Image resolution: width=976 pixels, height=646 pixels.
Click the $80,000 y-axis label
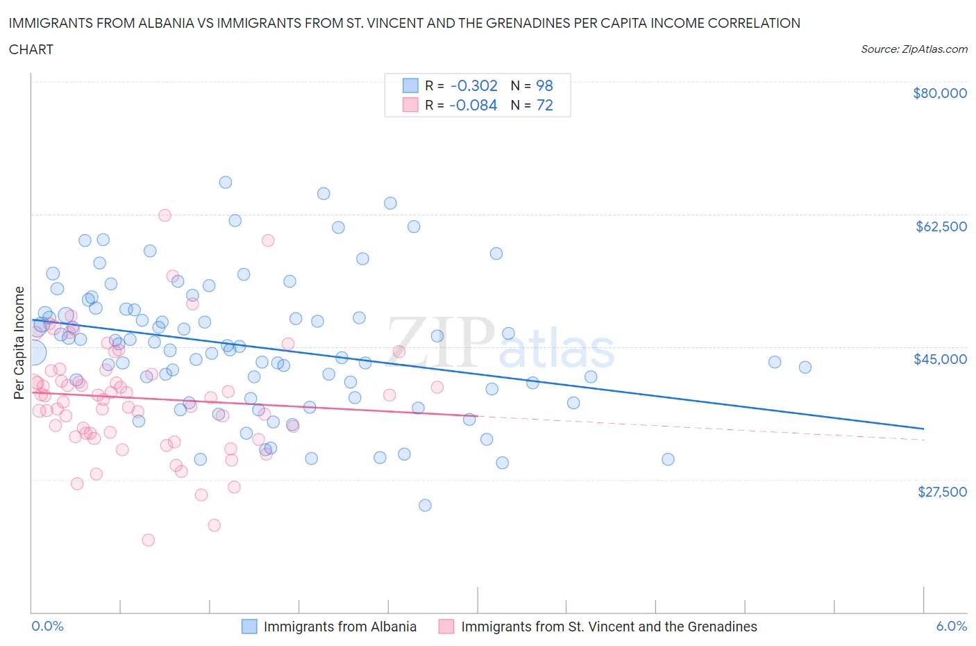(x=939, y=93)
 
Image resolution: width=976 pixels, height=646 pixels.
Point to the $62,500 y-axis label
(x=941, y=226)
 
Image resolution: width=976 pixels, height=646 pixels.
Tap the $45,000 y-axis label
(x=940, y=359)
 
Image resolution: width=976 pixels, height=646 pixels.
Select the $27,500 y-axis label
(x=942, y=492)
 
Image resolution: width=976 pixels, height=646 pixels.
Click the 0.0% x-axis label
(x=47, y=626)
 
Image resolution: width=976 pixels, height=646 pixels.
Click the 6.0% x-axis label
(x=951, y=626)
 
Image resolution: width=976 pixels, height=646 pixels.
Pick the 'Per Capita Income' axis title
(x=19, y=342)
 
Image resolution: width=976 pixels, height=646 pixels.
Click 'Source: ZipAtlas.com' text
(x=914, y=49)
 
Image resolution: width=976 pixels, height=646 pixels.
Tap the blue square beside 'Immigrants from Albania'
(x=249, y=627)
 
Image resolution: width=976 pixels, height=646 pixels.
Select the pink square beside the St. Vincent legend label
(x=446, y=627)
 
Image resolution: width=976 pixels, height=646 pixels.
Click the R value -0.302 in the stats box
(x=474, y=85)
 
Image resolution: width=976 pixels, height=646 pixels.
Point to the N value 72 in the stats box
(x=545, y=105)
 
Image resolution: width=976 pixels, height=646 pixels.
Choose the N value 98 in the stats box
(x=545, y=85)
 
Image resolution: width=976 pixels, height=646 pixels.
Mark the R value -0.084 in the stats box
(x=473, y=105)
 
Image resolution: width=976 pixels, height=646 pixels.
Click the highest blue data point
(x=226, y=182)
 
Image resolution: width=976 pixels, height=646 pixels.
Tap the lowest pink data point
(x=148, y=540)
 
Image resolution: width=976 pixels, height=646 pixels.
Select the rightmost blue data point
(x=805, y=367)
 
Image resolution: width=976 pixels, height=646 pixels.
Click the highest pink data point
(x=165, y=215)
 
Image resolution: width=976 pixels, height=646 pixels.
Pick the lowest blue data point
(x=426, y=505)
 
